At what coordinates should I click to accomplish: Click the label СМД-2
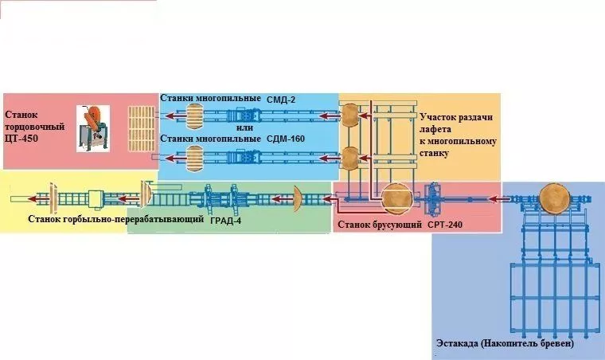tap(281, 100)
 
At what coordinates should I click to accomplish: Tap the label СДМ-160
tap(286, 139)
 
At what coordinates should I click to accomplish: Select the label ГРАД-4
tap(226, 221)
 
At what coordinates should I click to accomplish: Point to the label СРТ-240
tap(445, 225)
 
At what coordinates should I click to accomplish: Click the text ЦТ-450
tap(21, 139)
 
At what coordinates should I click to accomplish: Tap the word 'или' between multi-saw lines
tap(245, 127)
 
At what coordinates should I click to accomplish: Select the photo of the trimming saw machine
tap(93, 128)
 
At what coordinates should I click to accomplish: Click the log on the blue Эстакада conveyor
tap(554, 198)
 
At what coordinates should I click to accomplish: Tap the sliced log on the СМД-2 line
tap(195, 116)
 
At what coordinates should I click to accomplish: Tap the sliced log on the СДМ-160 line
tap(195, 158)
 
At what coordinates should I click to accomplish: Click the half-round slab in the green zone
tap(298, 198)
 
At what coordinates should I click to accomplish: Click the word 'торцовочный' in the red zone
tap(35, 127)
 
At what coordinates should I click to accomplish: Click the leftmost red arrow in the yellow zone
tap(38, 198)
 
